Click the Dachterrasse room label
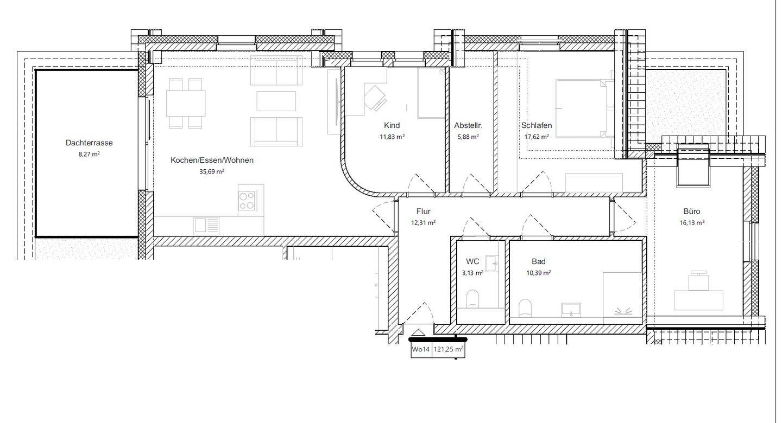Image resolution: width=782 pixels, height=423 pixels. click(x=89, y=143)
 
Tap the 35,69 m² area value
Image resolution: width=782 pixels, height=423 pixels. click(x=212, y=171)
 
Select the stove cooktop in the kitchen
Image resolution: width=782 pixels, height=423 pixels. click(x=247, y=201)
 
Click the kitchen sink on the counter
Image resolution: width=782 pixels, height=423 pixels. click(x=206, y=226)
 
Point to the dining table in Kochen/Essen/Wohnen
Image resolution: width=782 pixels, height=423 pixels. click(x=185, y=103)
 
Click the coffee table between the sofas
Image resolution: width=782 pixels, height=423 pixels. click(x=276, y=101)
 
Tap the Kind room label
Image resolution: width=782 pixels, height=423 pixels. click(x=392, y=125)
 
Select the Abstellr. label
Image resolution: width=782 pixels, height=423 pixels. click(x=468, y=125)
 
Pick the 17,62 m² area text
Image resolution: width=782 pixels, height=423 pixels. click(x=537, y=137)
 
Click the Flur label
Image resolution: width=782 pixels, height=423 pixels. click(x=423, y=211)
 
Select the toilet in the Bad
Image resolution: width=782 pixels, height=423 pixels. click(x=525, y=308)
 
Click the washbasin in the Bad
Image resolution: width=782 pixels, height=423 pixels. click(x=571, y=310)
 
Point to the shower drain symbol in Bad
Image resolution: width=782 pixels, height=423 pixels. click(x=623, y=311)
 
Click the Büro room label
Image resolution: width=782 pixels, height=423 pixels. click(x=692, y=211)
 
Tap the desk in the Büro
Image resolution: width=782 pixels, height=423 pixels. click(x=698, y=300)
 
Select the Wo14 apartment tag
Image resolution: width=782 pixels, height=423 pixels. click(x=421, y=349)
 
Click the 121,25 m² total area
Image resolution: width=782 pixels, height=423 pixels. click(x=449, y=349)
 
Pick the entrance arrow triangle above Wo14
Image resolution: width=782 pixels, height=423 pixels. click(x=419, y=332)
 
